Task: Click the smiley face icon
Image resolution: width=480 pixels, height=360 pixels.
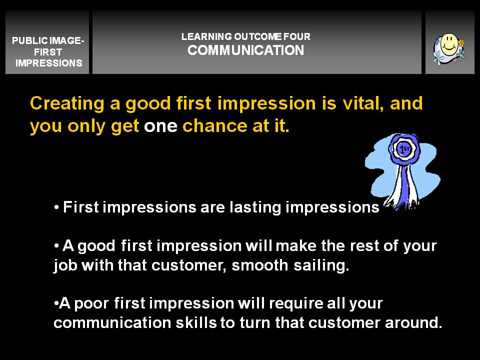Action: point(449,48)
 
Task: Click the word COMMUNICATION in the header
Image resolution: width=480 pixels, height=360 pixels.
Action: point(246,50)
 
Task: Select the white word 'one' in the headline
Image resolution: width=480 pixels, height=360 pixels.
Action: point(160,126)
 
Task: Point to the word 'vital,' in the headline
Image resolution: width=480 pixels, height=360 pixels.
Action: point(363,103)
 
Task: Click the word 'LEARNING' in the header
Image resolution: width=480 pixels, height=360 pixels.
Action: point(206,36)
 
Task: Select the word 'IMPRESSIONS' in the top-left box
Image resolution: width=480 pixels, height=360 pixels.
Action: point(48,63)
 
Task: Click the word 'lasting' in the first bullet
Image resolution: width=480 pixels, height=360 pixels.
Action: point(255,208)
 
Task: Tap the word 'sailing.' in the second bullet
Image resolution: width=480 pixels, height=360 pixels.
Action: point(321,265)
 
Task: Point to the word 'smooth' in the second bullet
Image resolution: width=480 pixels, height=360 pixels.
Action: point(259,265)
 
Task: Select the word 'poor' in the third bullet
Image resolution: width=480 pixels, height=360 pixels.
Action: point(91,304)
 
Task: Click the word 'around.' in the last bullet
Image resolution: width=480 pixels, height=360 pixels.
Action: point(413,322)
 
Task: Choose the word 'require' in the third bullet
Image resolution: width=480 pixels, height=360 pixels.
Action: point(296,304)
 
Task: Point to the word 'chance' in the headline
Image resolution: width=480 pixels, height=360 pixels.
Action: point(215,126)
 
